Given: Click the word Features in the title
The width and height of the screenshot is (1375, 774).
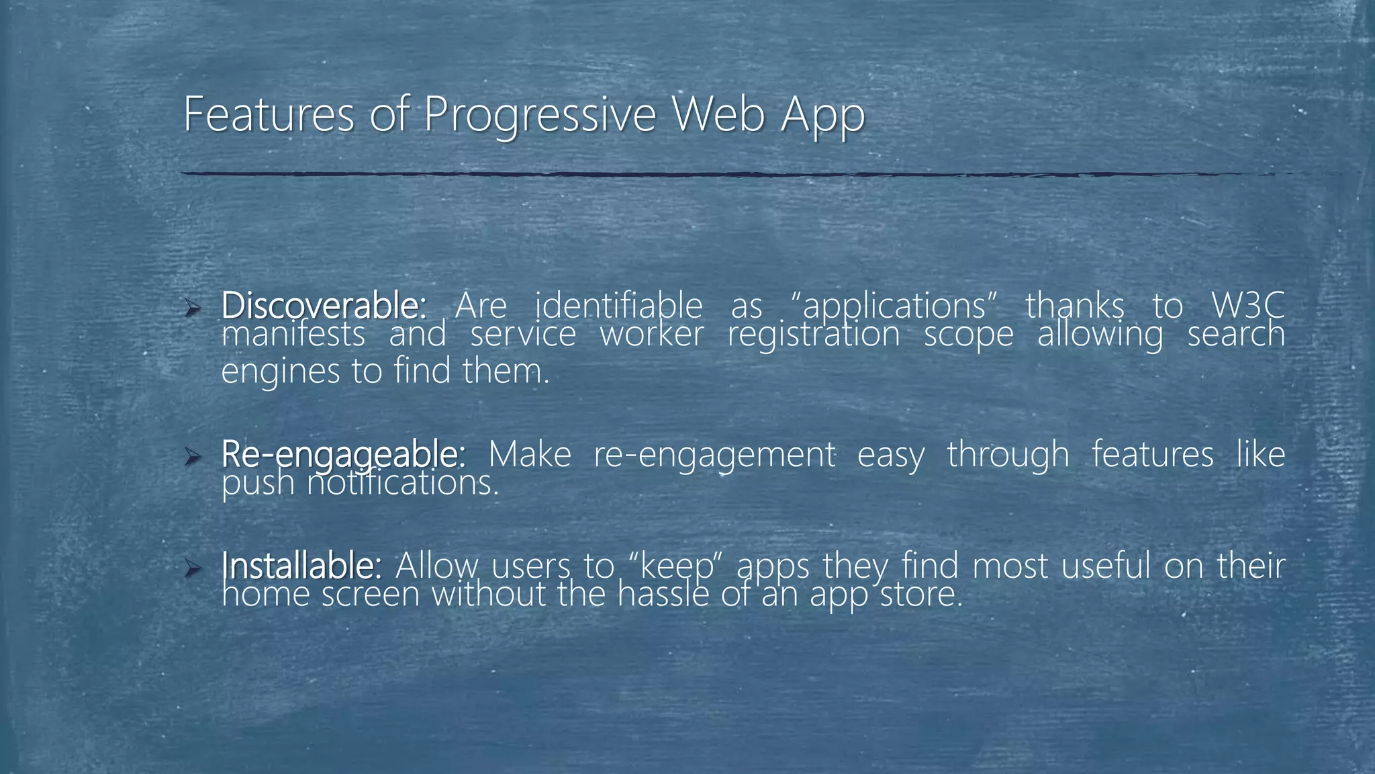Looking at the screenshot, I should pyautogui.click(x=268, y=114).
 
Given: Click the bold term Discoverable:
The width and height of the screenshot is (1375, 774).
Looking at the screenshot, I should pyautogui.click(x=323, y=306).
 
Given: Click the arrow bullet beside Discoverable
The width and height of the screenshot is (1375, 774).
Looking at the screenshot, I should pyautogui.click(x=193, y=308).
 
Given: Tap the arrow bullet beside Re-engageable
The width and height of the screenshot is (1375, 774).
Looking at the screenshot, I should pyautogui.click(x=193, y=458).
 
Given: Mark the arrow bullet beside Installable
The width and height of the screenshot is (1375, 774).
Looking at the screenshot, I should pyautogui.click(x=193, y=569).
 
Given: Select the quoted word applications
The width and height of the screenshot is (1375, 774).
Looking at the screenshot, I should pyautogui.click(x=894, y=307).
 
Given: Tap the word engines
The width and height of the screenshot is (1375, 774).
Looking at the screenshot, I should pyautogui.click(x=280, y=372).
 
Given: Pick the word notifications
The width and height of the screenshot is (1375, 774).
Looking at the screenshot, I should pyautogui.click(x=403, y=483).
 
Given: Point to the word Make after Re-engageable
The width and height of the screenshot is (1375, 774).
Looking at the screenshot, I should pyautogui.click(x=529, y=454).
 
